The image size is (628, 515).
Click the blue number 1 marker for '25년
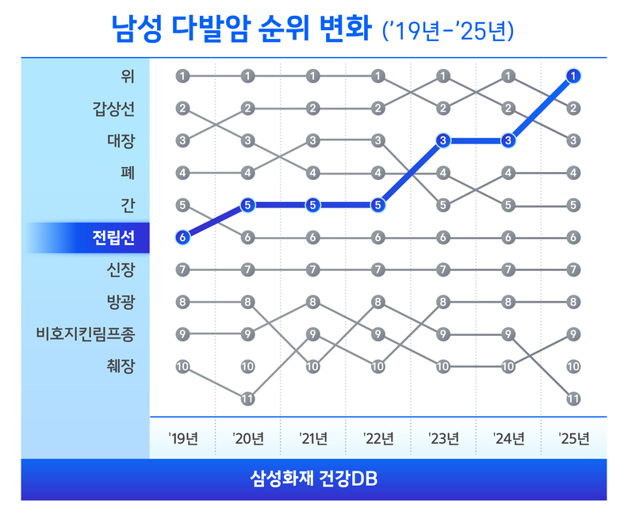[x=573, y=76]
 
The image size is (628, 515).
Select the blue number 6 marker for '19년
[x=183, y=237]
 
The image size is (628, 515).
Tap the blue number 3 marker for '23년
[x=443, y=140]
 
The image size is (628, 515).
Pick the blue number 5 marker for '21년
[x=313, y=204]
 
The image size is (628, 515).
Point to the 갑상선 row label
[x=113, y=109]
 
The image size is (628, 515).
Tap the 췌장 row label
[x=121, y=366]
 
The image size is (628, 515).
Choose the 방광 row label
[x=121, y=302]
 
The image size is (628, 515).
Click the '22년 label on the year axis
[x=378, y=438]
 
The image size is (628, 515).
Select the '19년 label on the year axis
[x=183, y=438]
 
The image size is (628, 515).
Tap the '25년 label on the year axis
[x=573, y=438]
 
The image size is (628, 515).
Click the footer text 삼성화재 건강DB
[x=314, y=479]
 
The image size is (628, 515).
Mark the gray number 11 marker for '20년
[x=248, y=399]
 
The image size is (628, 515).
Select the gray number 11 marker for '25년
[x=573, y=399]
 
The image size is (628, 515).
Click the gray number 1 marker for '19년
[x=183, y=76]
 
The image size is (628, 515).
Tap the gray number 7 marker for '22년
[x=378, y=269]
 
